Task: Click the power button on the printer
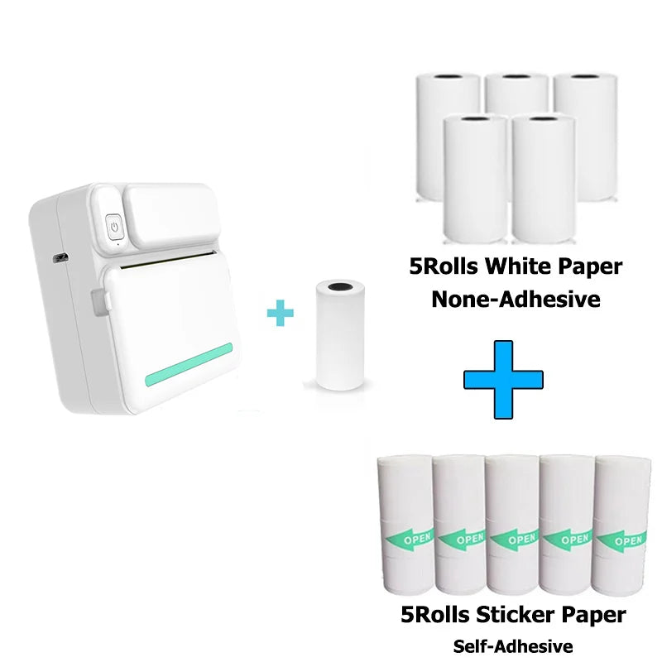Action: (x=114, y=224)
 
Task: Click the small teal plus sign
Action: (x=281, y=314)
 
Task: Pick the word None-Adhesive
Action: (x=516, y=299)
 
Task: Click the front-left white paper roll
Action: (x=475, y=178)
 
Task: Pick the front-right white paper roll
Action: (x=543, y=178)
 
